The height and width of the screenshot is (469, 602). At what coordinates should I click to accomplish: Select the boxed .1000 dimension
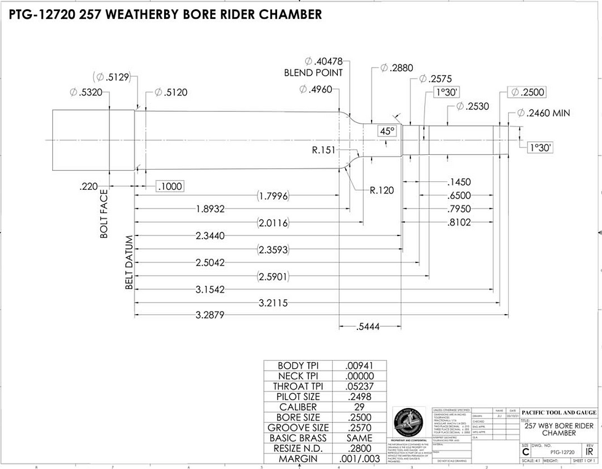pos(170,186)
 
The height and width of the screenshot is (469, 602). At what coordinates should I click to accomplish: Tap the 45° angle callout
pos(387,132)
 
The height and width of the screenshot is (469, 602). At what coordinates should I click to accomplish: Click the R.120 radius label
pos(381,190)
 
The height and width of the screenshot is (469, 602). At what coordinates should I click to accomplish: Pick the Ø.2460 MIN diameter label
pos(544,113)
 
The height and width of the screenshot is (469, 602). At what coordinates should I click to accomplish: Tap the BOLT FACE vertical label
pos(104,213)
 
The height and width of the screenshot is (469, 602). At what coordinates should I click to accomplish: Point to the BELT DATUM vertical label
pos(129,263)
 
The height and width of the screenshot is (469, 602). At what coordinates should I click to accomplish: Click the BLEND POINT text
pos(313,73)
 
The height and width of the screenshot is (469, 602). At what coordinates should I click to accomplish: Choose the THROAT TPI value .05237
pos(359,386)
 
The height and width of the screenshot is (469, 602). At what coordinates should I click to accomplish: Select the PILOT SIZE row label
pos(298,396)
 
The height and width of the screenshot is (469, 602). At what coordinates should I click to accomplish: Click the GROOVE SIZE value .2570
pos(359,428)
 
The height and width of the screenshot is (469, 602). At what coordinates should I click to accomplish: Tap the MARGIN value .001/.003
pos(359,459)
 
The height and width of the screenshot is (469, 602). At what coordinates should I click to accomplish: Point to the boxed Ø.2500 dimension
pos(526,92)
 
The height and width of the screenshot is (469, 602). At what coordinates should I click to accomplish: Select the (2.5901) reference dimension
pos(273,277)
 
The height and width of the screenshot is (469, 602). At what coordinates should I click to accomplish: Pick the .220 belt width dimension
pos(89,186)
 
